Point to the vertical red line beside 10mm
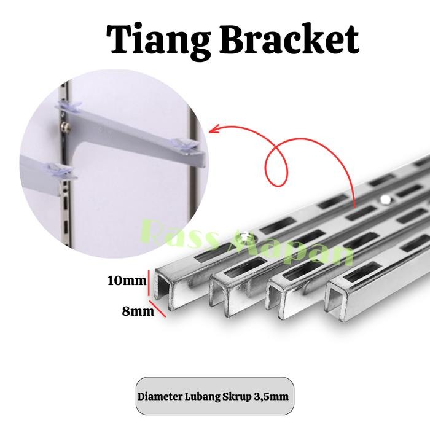[x=149, y=283]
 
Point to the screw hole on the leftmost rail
[x=246, y=234]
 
